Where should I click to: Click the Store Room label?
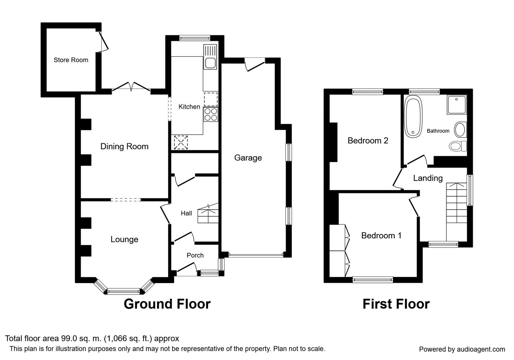71,60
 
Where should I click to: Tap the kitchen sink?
210,63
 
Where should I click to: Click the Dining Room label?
124,147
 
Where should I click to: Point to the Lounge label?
124,239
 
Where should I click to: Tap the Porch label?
195,256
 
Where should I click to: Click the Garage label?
248,158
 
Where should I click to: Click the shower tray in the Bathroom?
456,104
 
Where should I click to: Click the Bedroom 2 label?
368,141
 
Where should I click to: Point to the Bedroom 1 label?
381,236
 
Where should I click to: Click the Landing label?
428,178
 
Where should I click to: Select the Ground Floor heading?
167,304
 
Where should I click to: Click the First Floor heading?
396,304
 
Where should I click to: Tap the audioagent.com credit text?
462,349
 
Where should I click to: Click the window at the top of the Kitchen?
195,38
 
